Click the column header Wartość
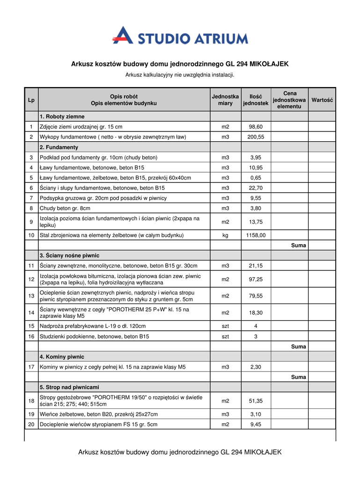[322, 100]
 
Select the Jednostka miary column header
[225, 100]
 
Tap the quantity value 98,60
[256, 127]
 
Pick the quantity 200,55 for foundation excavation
[256, 137]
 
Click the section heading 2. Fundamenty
[61, 147]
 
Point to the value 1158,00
[256, 235]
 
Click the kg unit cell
[225, 235]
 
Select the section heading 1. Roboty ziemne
[62, 116]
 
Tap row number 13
[31, 296]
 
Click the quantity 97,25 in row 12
[256, 279]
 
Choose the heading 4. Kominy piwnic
[62, 357]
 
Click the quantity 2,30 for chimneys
[256, 367]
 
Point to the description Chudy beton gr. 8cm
[65, 208]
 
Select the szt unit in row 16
[225, 336]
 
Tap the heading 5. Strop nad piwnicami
[69, 387]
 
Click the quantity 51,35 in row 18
[256, 401]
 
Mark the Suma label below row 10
[298, 245]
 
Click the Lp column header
[31, 100]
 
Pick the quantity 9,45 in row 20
[256, 425]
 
